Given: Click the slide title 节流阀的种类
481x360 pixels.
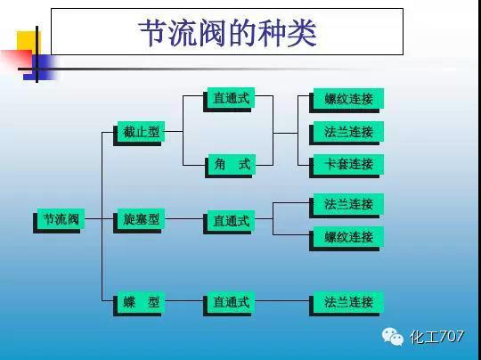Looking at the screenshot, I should click(227, 33).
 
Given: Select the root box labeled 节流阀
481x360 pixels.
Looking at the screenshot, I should click(60, 219).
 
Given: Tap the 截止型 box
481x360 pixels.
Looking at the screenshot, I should click(140, 132).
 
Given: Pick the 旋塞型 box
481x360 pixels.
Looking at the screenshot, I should click(140, 218).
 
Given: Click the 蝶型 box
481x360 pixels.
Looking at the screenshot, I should click(140, 302).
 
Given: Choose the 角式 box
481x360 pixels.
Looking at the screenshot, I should click(230, 164).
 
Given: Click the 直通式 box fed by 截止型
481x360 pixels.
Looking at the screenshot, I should click(230, 98).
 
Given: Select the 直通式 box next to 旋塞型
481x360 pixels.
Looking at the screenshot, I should click(230, 220).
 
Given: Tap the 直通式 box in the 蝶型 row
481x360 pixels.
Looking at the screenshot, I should click(230, 303).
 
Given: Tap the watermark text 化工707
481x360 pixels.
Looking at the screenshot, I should click(436, 337).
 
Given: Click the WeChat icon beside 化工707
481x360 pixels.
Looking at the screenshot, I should click(393, 337).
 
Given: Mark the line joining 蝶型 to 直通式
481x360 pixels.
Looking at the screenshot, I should click(184, 303).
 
